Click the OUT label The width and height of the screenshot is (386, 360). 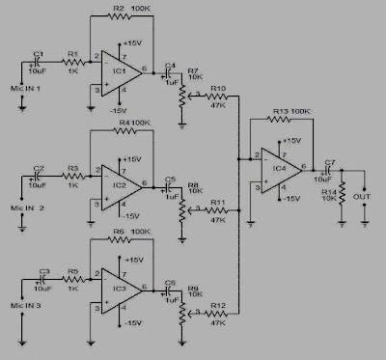pos(362,197)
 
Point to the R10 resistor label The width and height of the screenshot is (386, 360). pos(219,89)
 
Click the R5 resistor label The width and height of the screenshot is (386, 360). pos(71,271)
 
